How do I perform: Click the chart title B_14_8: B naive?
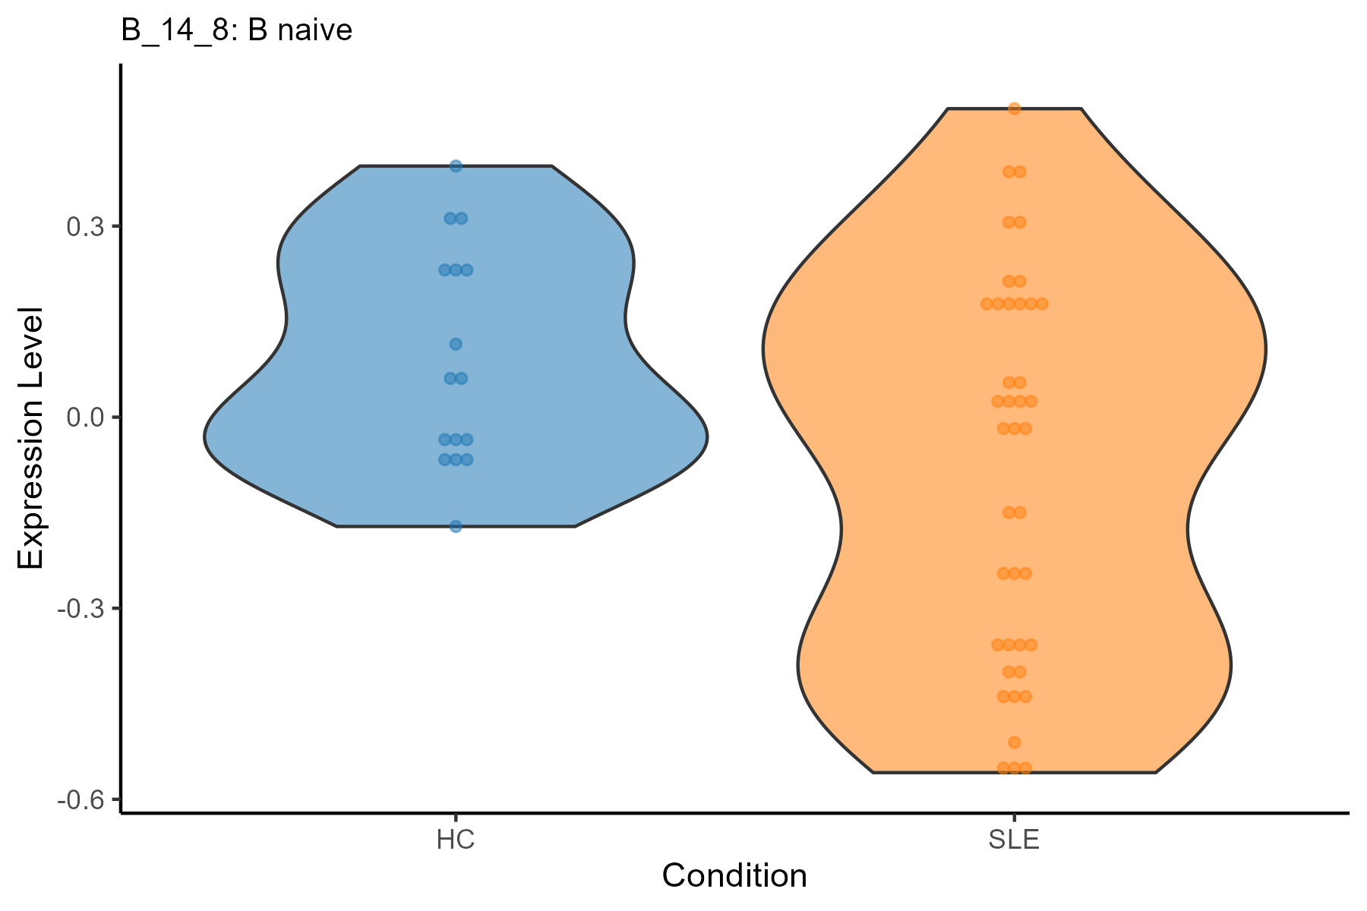pyautogui.click(x=237, y=30)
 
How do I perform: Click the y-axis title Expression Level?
pyautogui.click(x=32, y=439)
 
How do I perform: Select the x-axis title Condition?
pyautogui.click(x=734, y=876)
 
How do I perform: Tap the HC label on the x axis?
pyautogui.click(x=456, y=841)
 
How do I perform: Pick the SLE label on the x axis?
pyautogui.click(x=1014, y=841)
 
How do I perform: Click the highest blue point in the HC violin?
pyautogui.click(x=456, y=166)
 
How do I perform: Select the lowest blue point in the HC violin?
pyautogui.click(x=456, y=526)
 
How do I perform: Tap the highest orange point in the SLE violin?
pyautogui.click(x=1014, y=109)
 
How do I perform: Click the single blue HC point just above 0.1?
pyautogui.click(x=456, y=344)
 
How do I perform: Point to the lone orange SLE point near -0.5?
pyautogui.click(x=1014, y=742)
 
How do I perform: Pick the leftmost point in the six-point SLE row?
pyautogui.click(x=987, y=304)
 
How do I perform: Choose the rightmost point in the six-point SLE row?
pyautogui.click(x=1042, y=304)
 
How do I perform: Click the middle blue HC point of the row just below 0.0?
pyautogui.click(x=456, y=440)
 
